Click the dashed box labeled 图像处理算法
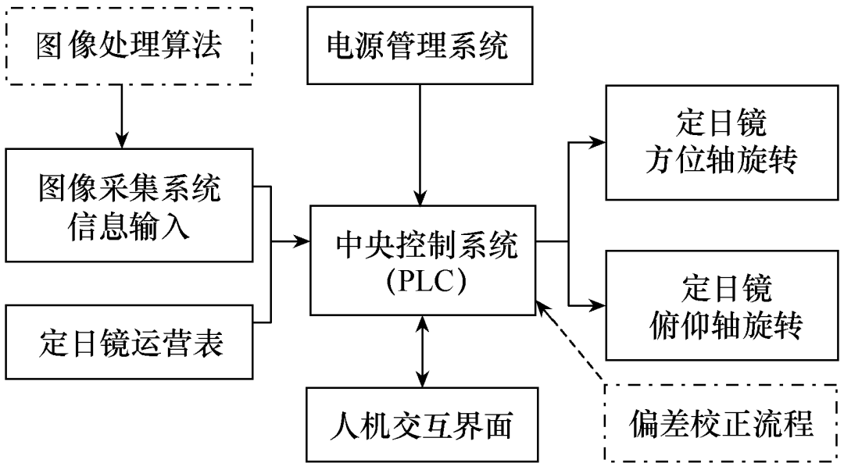click(129, 46)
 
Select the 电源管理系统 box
click(417, 46)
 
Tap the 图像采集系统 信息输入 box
click(129, 206)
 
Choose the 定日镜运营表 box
click(129, 344)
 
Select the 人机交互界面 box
click(422, 425)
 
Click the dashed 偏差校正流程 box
click(721, 424)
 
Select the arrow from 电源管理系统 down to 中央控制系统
click(421, 144)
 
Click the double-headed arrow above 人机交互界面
click(422, 351)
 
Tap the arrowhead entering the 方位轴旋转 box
click(599, 142)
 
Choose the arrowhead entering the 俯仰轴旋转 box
click(599, 304)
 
